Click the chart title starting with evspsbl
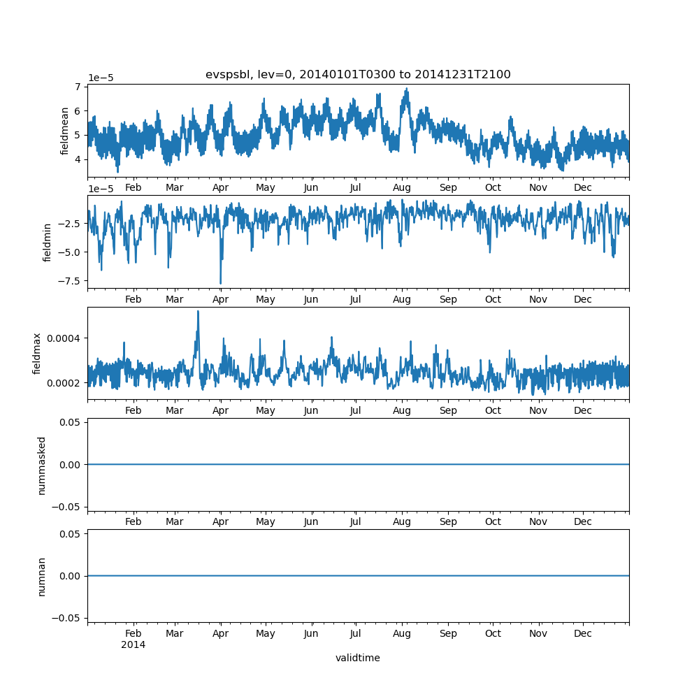[358, 75]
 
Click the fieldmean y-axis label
[65, 131]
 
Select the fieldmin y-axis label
[48, 242]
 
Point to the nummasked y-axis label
[41, 465]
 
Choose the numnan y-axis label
[41, 576]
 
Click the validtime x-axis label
[358, 658]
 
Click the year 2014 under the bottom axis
[133, 644]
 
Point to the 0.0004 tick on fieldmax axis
[61, 338]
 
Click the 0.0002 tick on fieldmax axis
[61, 383]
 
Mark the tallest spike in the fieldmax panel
[198, 311]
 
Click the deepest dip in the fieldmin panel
[221, 283]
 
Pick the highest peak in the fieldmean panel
[407, 89]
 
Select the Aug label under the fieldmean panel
[402, 187]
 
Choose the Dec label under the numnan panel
[583, 633]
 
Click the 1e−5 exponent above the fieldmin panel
[101, 189]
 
